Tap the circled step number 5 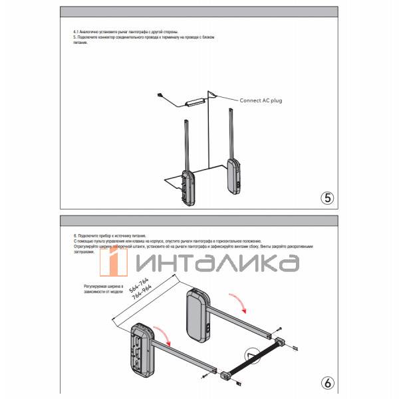pos(327,197)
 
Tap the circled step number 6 pos(327,383)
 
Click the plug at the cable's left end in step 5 pos(160,95)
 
